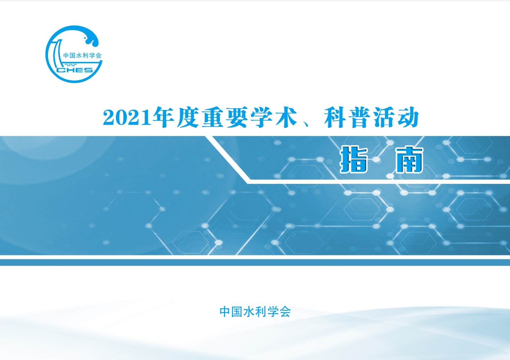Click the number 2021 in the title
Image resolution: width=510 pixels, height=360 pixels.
pyautogui.click(x=127, y=117)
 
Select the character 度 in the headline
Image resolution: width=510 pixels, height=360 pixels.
pyautogui.click(x=188, y=117)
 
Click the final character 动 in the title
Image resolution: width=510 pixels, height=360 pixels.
pyautogui.click(x=408, y=117)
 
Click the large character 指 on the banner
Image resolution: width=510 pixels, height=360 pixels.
pyautogui.click(x=354, y=160)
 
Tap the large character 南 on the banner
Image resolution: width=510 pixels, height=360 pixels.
pyautogui.click(x=409, y=160)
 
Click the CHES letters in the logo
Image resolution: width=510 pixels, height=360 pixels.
pyautogui.click(x=75, y=70)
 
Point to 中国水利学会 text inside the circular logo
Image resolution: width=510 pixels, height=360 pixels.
pyautogui.click(x=82, y=56)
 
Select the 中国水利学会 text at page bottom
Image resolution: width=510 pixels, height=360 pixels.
pyautogui.click(x=255, y=311)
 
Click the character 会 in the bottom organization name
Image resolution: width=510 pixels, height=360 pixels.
pyautogui.click(x=285, y=311)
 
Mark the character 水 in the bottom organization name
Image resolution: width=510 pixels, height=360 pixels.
pyautogui.click(x=249, y=311)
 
